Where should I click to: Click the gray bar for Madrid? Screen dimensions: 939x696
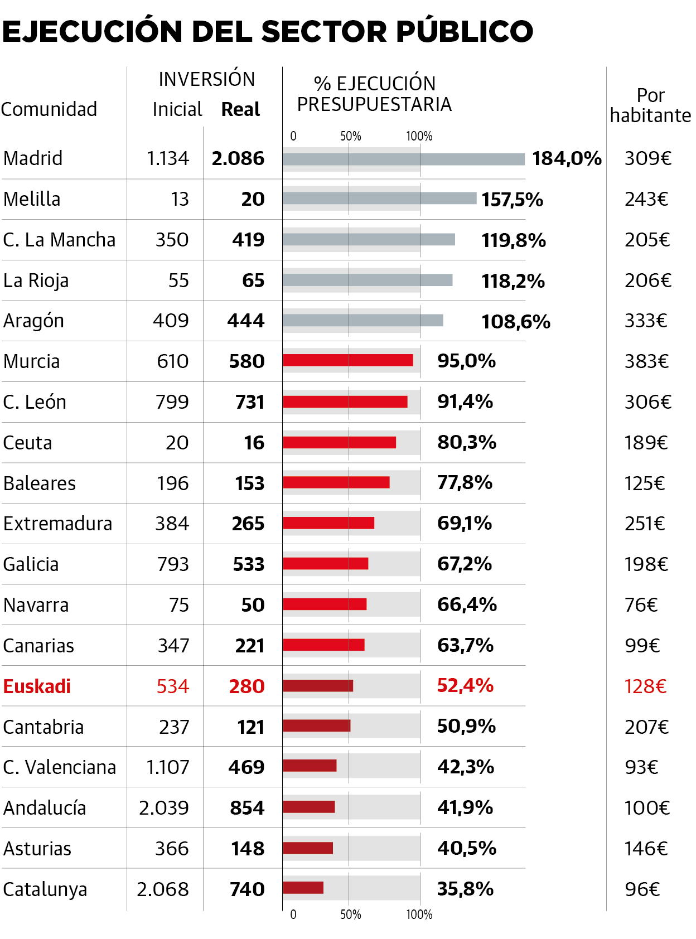(404, 159)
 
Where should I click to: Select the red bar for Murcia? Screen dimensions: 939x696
(348, 360)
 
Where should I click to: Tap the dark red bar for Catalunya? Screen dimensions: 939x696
(303, 888)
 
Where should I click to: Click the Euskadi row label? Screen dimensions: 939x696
(37, 686)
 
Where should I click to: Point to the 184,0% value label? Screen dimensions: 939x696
(567, 159)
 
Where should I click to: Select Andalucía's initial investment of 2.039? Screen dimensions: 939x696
(164, 807)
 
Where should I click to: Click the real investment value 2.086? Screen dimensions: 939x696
(238, 159)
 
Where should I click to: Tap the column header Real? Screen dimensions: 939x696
(240, 109)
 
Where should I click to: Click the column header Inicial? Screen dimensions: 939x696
(177, 109)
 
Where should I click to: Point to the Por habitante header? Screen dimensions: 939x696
(650, 105)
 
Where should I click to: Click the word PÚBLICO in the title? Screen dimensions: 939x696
(465, 31)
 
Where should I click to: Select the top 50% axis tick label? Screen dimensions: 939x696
(351, 136)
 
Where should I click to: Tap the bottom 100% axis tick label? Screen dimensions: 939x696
(419, 914)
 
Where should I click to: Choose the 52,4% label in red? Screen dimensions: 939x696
(465, 685)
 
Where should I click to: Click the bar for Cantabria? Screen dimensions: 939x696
(316, 725)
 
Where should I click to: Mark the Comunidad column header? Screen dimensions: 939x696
(49, 109)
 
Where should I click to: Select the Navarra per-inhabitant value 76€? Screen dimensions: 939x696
(641, 605)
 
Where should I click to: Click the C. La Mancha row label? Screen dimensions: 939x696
(59, 240)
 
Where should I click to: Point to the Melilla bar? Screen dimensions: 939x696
(379, 199)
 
